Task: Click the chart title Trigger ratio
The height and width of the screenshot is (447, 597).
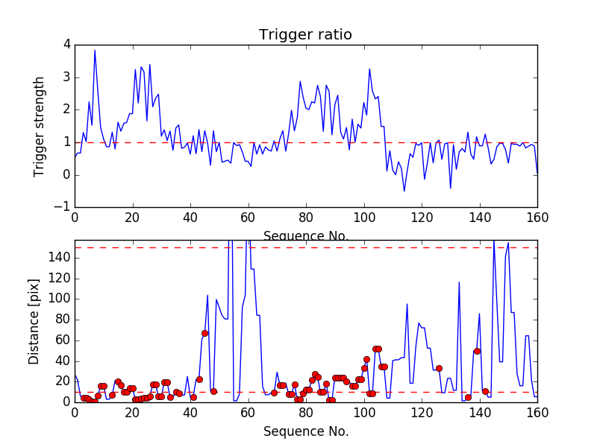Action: point(305,35)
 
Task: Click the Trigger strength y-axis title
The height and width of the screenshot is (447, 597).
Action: point(40,126)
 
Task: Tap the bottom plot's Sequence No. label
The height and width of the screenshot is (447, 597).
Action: point(305,431)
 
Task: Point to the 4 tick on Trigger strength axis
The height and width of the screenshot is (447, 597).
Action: point(66,45)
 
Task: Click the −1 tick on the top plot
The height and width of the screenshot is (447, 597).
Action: point(63,207)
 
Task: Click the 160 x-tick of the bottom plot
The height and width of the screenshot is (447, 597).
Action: point(537,413)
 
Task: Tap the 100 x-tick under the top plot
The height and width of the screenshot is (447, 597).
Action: point(363,217)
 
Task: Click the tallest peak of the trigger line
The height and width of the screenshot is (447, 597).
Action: point(95,50)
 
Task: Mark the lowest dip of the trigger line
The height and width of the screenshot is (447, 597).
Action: point(404,191)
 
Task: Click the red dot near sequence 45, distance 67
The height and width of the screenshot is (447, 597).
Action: point(204,333)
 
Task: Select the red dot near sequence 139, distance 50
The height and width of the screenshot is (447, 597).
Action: point(477,351)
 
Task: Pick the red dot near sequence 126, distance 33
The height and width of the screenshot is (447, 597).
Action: point(439,368)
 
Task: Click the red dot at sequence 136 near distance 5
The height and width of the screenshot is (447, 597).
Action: point(468,397)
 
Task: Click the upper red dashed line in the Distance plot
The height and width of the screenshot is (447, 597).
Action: point(298,247)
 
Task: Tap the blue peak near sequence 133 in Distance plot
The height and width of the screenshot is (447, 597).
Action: point(459,282)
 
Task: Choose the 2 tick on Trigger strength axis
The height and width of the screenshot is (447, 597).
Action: point(66,110)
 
